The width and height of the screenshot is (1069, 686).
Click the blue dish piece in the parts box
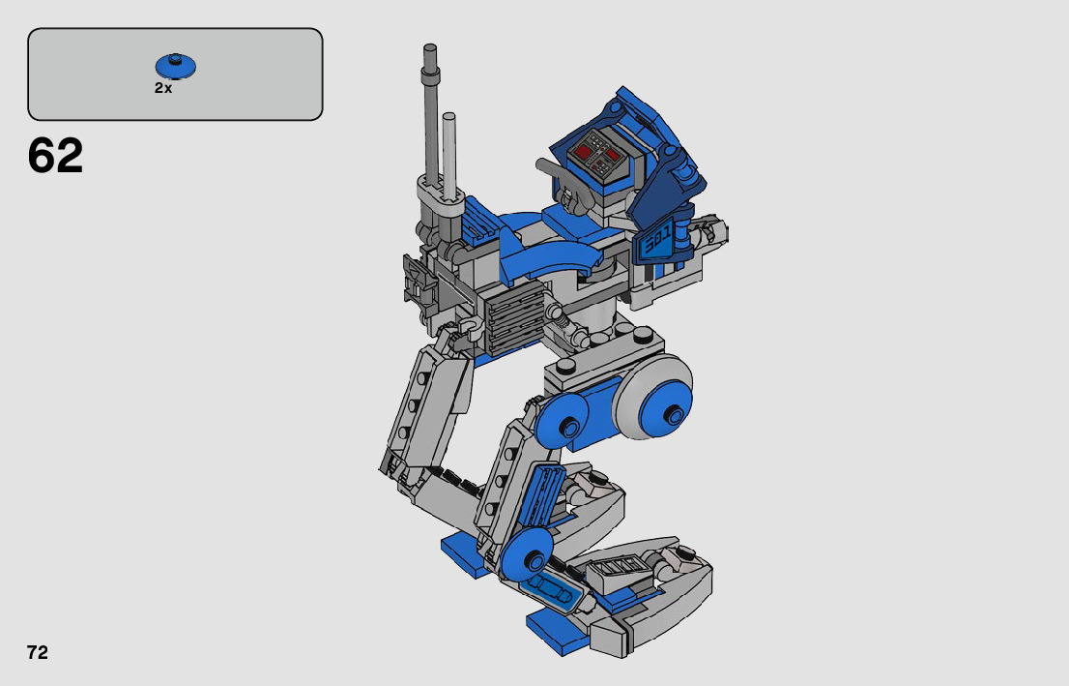pos(176,66)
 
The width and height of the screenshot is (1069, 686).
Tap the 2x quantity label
pos(163,88)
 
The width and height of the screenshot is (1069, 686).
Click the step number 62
pos(55,156)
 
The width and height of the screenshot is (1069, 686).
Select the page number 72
pos(38,652)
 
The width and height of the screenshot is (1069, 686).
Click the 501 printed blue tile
pos(655,240)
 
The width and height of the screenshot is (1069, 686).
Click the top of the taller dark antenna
pos(430,49)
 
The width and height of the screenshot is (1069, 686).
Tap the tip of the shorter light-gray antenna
pos(448,117)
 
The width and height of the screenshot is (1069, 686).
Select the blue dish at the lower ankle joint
pos(526,554)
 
